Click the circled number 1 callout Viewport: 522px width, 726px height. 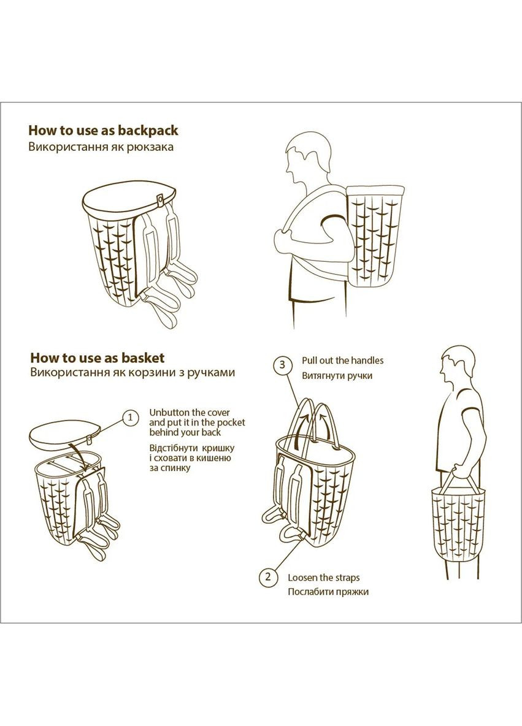pyautogui.click(x=131, y=418)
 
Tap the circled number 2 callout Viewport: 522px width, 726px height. pyautogui.click(x=267, y=578)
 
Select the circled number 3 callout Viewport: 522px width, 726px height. pyautogui.click(x=282, y=364)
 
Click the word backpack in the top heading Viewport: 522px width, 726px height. pyautogui.click(x=148, y=131)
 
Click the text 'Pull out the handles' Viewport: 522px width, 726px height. pyautogui.click(x=343, y=360)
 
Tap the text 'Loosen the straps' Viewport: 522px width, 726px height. pyautogui.click(x=323, y=578)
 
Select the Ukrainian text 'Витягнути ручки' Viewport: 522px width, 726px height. pyautogui.click(x=337, y=375)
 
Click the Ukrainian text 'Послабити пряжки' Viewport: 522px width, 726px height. pyautogui.click(x=328, y=592)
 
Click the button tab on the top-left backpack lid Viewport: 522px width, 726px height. pyautogui.click(x=160, y=199)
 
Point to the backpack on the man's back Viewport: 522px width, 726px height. pyautogui.click(x=375, y=236)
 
